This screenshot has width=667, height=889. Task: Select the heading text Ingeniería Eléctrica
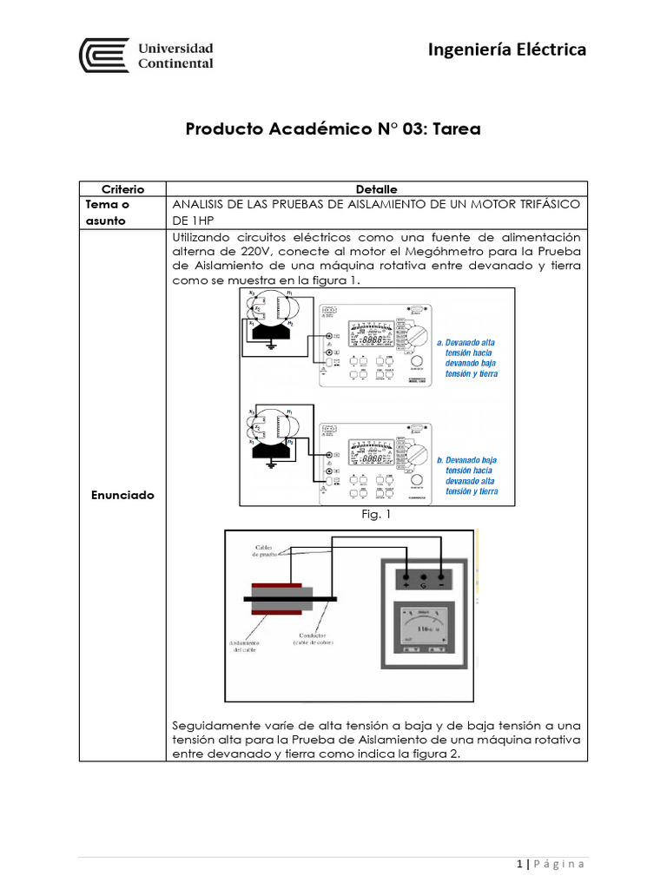[507, 49]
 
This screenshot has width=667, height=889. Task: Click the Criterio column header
[122, 188]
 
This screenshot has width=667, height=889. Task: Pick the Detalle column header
[376, 188]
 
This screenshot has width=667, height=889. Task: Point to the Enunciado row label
[122, 495]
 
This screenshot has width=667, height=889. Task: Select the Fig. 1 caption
[376, 515]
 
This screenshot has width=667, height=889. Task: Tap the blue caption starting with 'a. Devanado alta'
[469, 358]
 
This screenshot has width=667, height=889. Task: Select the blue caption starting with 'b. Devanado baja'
[469, 475]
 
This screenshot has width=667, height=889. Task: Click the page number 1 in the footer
[519, 864]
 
